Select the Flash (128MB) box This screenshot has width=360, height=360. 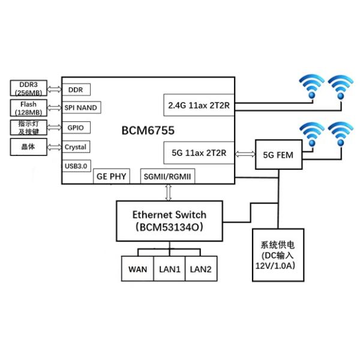coord(28,108)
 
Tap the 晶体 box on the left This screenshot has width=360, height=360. coord(28,146)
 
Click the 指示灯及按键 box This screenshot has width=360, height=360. coord(28,127)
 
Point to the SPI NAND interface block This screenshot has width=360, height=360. coord(82,108)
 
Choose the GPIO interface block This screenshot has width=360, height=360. coord(76,127)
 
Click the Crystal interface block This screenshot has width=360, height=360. coord(77,146)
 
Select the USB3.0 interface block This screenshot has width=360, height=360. coord(76,165)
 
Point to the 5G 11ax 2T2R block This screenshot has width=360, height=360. coord(199,153)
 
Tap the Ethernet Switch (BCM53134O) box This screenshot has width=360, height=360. coord(169,220)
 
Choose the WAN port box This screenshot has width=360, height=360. coord(137,269)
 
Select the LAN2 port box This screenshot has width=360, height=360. coord(200,269)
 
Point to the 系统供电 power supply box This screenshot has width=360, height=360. coord(277,255)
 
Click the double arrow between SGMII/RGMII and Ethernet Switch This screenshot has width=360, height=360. coord(169,192)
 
